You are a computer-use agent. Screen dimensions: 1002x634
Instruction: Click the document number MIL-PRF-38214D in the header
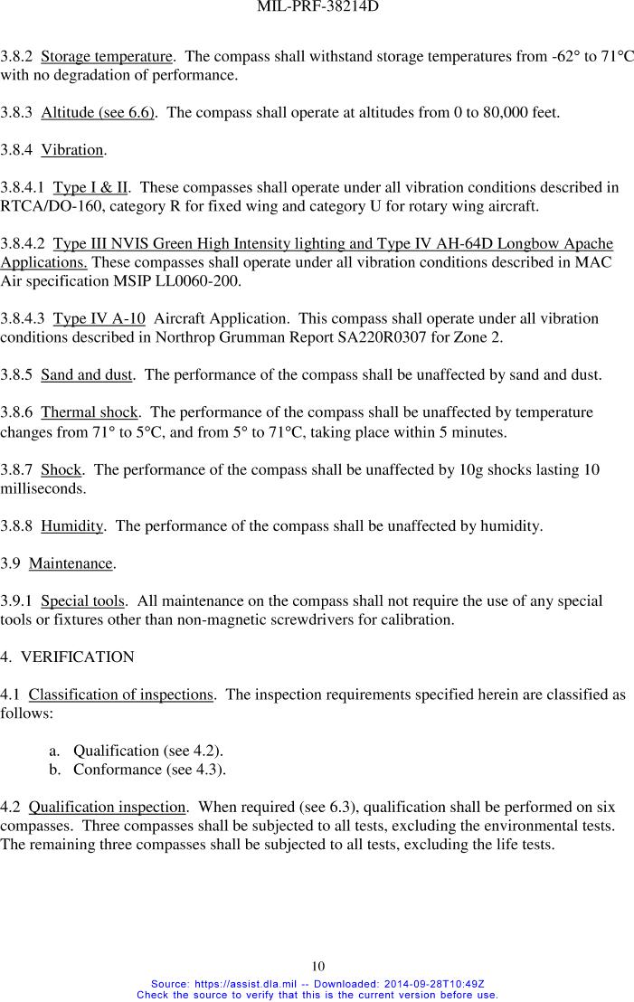tap(317, 7)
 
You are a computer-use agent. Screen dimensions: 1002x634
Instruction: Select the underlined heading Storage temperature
tap(107, 57)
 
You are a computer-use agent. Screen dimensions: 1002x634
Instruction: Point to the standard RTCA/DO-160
tap(53, 206)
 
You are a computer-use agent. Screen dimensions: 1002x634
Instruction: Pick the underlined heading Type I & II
tap(90, 188)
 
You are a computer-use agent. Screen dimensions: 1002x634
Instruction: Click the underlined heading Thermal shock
tap(90, 412)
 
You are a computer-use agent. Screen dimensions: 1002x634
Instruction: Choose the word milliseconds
tap(43, 488)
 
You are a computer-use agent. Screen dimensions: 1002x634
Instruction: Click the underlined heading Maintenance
tap(71, 563)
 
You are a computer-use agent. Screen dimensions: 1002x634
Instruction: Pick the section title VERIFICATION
tap(77, 657)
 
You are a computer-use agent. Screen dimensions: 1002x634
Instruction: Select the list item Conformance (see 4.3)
tap(149, 770)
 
